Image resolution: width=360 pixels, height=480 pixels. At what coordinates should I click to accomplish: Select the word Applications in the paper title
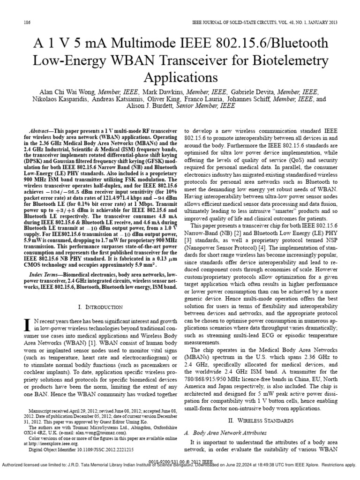point(180,77)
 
